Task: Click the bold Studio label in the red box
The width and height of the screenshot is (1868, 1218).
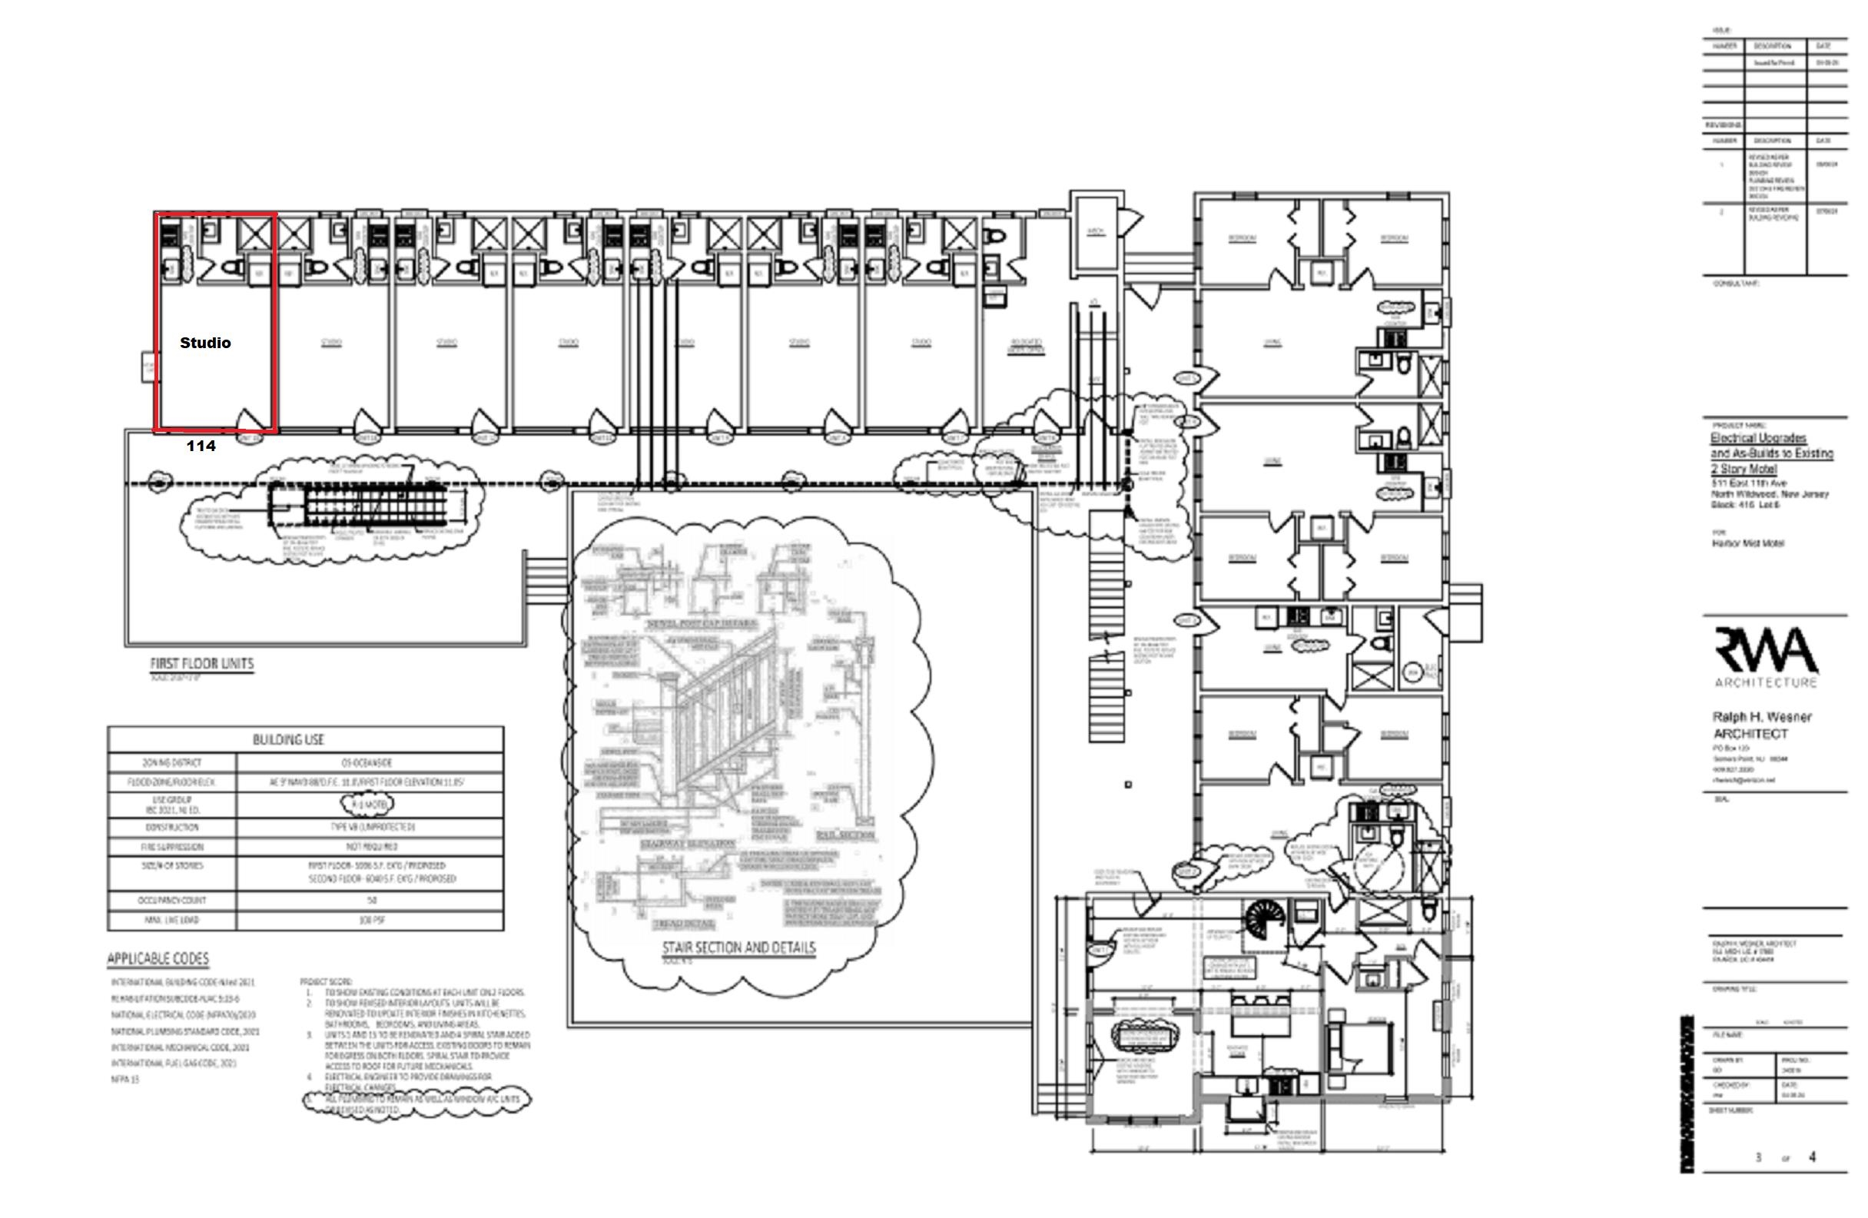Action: (205, 343)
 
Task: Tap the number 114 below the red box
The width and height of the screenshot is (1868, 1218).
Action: (201, 446)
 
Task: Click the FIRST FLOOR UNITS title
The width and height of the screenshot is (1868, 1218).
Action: (202, 664)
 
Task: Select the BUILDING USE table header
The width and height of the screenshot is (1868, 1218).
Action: (288, 739)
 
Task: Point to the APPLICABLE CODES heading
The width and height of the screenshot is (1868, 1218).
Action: (158, 959)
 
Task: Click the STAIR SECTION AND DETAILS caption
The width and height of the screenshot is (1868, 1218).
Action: (738, 948)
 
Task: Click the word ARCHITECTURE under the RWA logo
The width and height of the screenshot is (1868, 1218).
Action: (1765, 682)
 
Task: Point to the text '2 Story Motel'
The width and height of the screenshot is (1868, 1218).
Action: (1744, 469)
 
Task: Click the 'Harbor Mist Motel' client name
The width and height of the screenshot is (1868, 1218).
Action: (1748, 543)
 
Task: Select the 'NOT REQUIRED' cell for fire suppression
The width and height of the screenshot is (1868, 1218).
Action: (371, 847)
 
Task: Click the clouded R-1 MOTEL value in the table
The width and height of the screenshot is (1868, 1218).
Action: (367, 804)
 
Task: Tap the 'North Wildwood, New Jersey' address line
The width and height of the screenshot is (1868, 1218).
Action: (1770, 494)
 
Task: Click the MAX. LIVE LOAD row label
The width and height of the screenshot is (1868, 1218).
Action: (172, 920)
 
